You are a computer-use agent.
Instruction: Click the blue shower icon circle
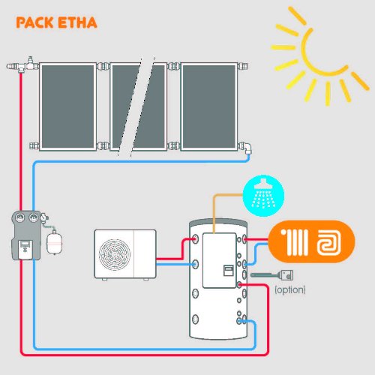pyautogui.click(x=262, y=196)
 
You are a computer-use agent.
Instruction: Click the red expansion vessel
pyautogui.click(x=53, y=242)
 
